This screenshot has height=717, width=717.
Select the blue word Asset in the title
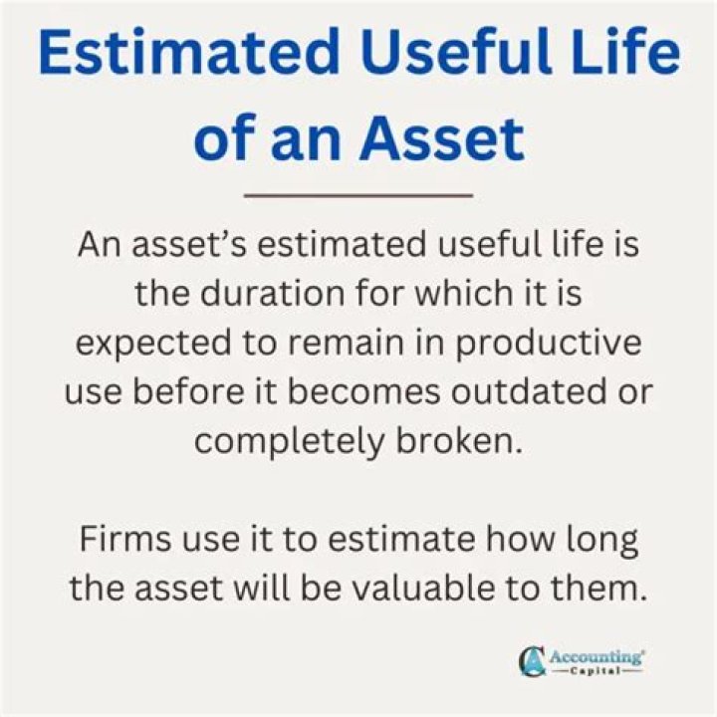pos(442,139)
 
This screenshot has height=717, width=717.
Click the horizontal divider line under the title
pos(358,195)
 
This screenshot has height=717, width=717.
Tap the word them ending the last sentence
pos(605,588)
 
